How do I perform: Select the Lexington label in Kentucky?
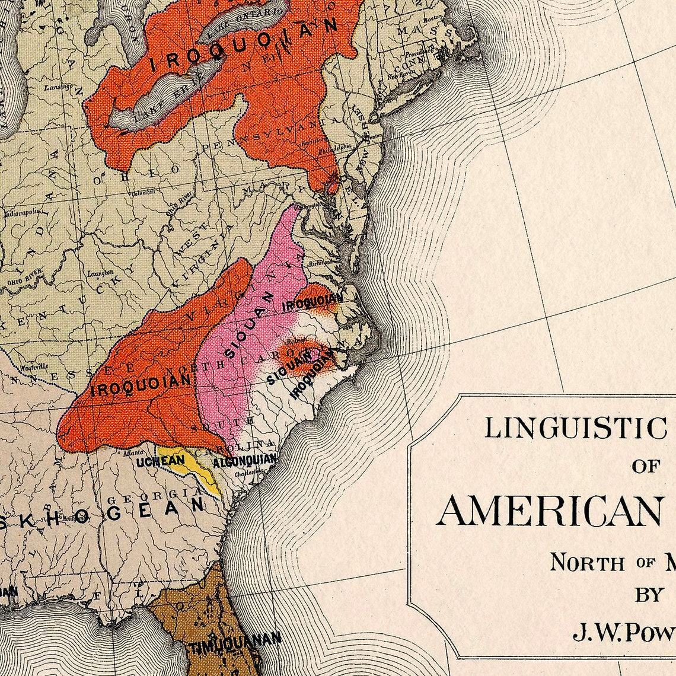pos(101,273)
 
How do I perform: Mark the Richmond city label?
pos(320,262)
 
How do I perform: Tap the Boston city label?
pos(449,17)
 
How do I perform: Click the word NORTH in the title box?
pos(587,562)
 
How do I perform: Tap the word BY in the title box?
pos(649,595)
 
